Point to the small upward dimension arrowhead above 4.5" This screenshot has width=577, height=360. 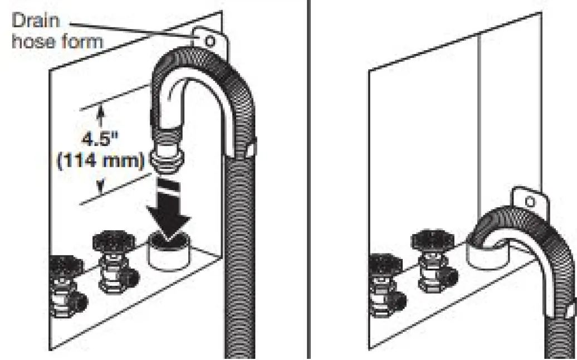(101, 114)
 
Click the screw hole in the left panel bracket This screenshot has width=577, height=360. (209, 41)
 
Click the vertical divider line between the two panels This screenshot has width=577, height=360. (310, 178)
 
